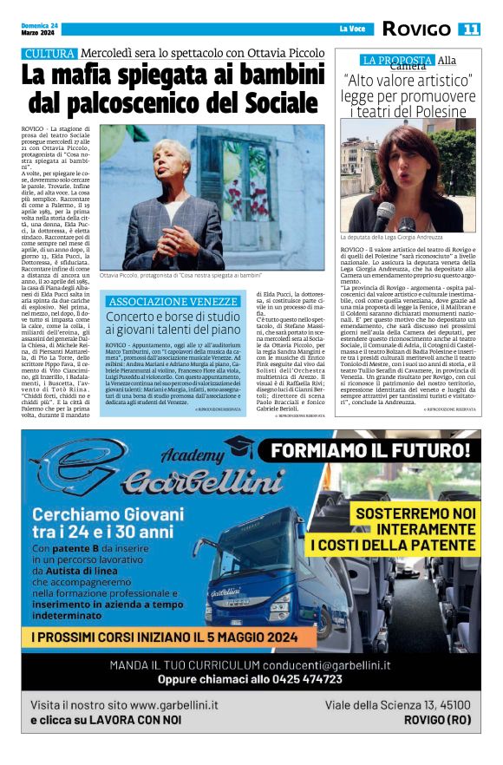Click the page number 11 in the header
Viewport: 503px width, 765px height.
(470, 29)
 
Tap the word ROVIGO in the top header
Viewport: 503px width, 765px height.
(415, 29)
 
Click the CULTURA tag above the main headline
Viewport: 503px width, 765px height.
(49, 54)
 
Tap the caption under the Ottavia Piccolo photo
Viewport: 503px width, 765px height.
(180, 275)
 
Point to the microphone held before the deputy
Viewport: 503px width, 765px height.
(382, 212)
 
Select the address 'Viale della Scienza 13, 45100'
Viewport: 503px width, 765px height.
(397, 704)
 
